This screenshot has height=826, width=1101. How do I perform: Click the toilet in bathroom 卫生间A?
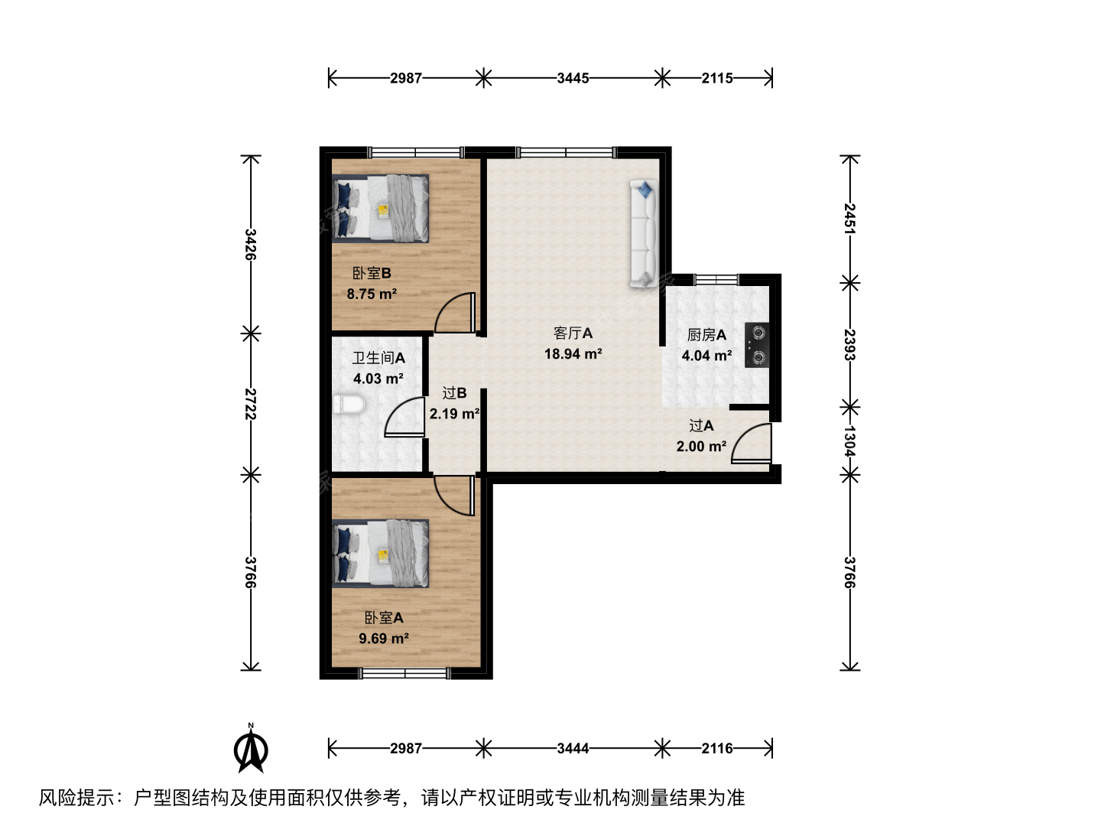(349, 405)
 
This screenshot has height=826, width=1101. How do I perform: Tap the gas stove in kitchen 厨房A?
(757, 345)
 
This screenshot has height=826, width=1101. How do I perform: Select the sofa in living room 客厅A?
(644, 234)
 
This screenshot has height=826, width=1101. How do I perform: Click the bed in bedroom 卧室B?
(380, 209)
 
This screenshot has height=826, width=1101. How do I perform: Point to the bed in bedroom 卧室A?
(380, 554)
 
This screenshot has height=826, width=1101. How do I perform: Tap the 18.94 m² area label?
(573, 354)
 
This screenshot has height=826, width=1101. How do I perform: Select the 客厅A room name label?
(573, 333)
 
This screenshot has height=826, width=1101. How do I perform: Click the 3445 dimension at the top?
(573, 78)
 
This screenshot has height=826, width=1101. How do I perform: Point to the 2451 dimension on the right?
(849, 219)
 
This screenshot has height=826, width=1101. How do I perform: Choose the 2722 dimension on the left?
(251, 404)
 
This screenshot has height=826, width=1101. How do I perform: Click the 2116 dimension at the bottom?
(717, 749)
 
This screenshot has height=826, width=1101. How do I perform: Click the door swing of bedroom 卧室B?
(454, 313)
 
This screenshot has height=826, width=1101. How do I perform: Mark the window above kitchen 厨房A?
(716, 279)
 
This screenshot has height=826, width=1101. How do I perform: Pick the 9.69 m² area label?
(384, 639)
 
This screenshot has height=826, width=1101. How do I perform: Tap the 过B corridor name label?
(454, 393)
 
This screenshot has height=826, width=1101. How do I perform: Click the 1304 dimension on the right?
(849, 441)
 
